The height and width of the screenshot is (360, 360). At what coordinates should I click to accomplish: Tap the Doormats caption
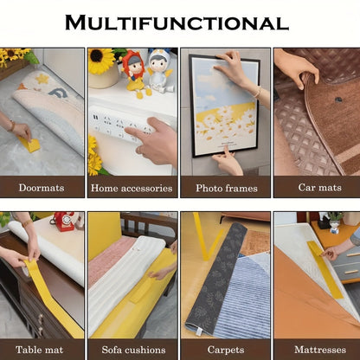tap(42, 188)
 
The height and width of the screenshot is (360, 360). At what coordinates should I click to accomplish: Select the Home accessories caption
tap(132, 188)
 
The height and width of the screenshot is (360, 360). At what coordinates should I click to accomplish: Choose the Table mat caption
tap(42, 350)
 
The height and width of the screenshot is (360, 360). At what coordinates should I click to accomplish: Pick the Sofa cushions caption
tap(132, 350)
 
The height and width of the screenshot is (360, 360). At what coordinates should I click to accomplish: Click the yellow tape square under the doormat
tap(30, 143)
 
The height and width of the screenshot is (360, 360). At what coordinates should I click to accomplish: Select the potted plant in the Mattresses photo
tap(334, 221)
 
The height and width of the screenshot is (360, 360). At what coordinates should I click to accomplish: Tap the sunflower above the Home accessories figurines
tap(102, 61)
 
